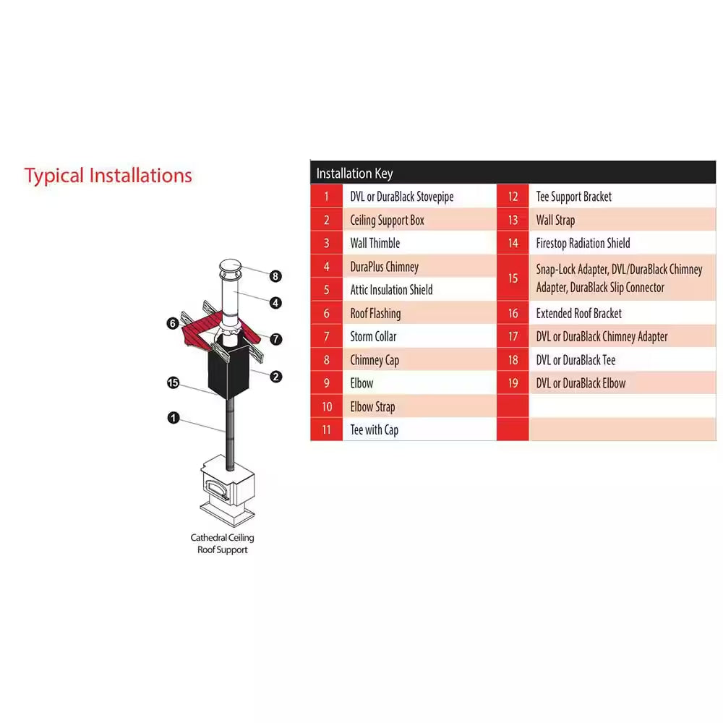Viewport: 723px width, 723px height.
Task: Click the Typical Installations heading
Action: pos(108,176)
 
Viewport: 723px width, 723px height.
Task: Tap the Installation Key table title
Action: pos(354,174)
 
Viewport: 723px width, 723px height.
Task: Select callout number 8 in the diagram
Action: pos(275,276)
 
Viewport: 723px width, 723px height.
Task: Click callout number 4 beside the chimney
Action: pos(275,303)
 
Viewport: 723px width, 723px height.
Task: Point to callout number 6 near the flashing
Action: pos(173,323)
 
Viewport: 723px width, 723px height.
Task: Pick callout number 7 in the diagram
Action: pos(275,339)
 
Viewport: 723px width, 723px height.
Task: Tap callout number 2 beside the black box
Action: pos(275,377)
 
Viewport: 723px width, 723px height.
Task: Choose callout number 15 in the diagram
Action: pos(173,382)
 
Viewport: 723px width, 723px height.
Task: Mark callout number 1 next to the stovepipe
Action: pos(174,418)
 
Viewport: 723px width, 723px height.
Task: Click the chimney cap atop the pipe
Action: pos(230,269)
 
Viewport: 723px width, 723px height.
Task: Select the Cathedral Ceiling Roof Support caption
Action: pos(222,544)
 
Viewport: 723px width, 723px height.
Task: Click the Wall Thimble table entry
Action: pos(375,243)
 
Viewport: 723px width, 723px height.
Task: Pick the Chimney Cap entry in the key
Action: pos(375,359)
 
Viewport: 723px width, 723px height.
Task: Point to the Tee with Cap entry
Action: pos(374,429)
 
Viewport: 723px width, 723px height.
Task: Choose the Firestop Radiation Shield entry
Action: pos(583,243)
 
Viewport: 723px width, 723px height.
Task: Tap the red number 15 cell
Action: pos(513,278)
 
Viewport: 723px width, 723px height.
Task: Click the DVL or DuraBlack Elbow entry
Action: pos(581,383)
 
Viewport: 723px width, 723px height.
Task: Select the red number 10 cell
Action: pos(327,406)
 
